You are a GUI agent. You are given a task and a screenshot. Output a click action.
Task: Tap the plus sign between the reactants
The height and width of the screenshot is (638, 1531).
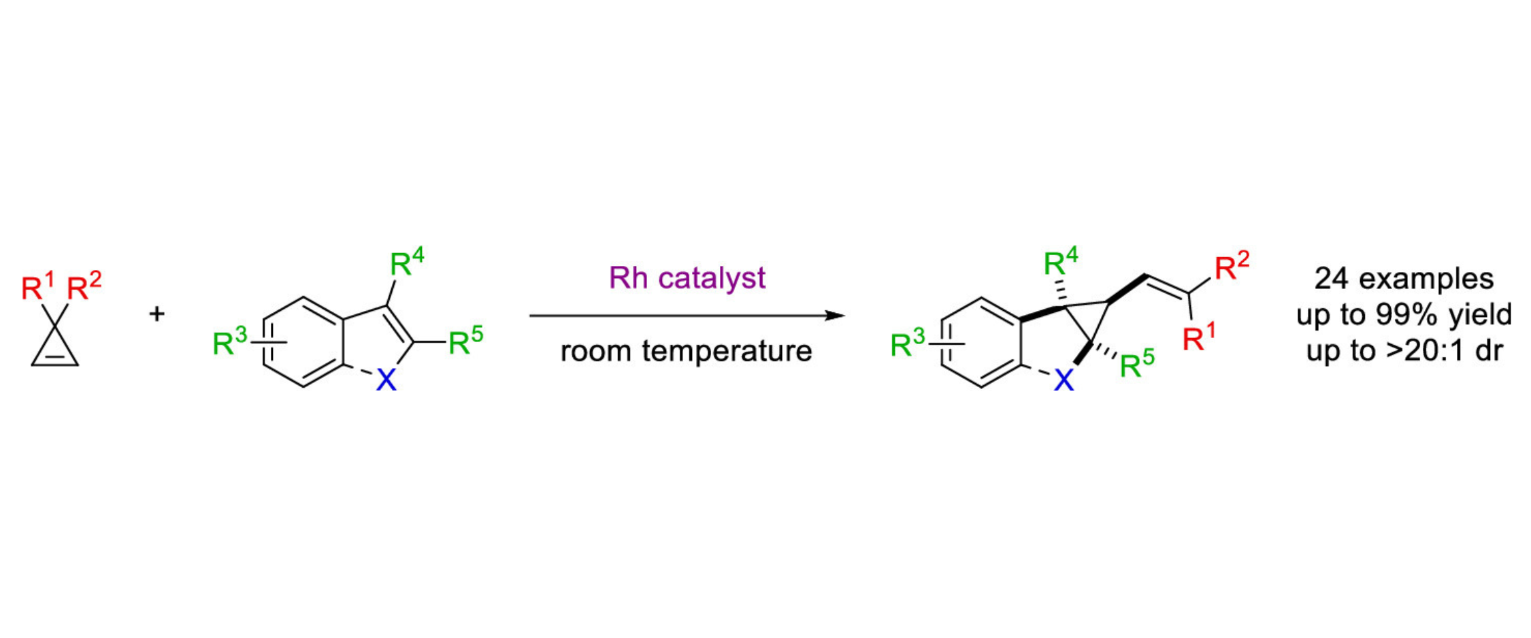[x=157, y=314]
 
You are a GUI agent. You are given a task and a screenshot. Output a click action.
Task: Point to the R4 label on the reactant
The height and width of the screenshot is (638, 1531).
[x=406, y=263]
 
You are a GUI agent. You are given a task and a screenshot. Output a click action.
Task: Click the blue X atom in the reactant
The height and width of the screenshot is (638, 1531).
[x=386, y=380]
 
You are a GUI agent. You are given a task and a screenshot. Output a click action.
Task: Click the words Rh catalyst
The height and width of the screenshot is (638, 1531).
[x=687, y=278]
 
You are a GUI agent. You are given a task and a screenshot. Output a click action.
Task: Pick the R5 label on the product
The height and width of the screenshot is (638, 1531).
[x=1136, y=365]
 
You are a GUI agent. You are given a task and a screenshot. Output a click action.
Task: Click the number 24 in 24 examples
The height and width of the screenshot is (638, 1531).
[x=1331, y=279]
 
